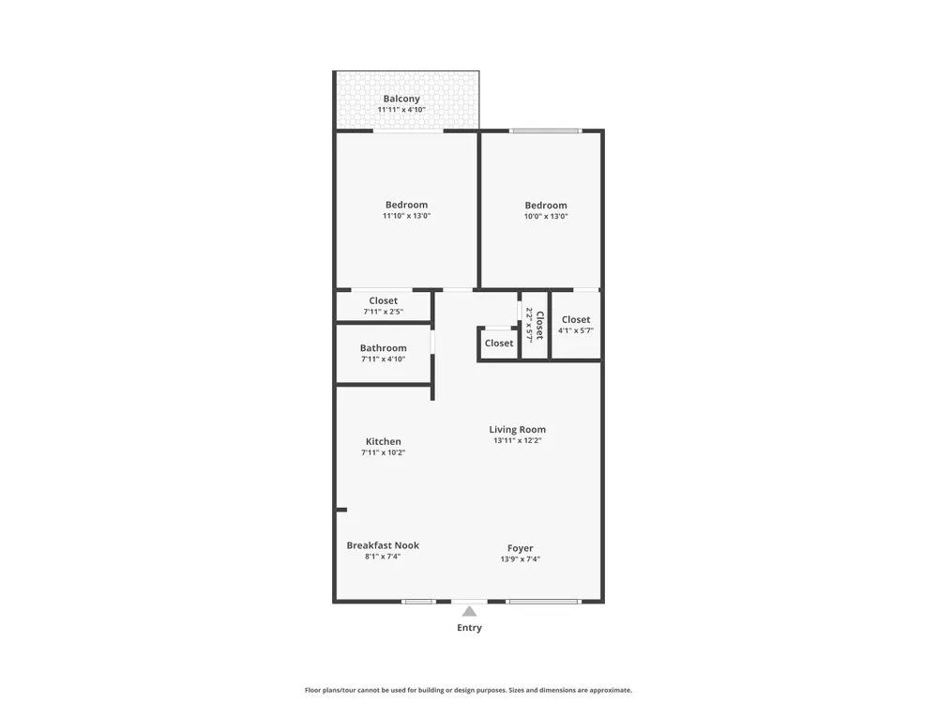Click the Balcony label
pyautogui.click(x=401, y=99)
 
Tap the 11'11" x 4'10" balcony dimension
pyautogui.click(x=401, y=110)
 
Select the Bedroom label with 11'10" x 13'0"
pyautogui.click(x=406, y=205)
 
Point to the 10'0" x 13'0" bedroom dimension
pyautogui.click(x=546, y=216)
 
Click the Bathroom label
pyautogui.click(x=383, y=348)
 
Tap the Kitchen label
pyautogui.click(x=384, y=441)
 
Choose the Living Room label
pyautogui.click(x=518, y=429)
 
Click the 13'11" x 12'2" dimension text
pyautogui.click(x=518, y=440)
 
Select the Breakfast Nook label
pyautogui.click(x=383, y=545)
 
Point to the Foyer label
pyautogui.click(x=521, y=548)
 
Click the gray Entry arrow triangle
pyautogui.click(x=470, y=611)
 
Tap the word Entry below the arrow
pyautogui.click(x=470, y=627)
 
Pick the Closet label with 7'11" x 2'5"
pyautogui.click(x=383, y=300)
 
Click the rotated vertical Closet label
pyautogui.click(x=539, y=325)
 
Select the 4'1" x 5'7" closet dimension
pyautogui.click(x=576, y=330)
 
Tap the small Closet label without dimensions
pyautogui.click(x=499, y=343)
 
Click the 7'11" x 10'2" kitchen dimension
pyautogui.click(x=384, y=452)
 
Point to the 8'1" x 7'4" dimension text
pyautogui.click(x=383, y=556)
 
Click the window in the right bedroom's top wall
pyautogui.click(x=546, y=130)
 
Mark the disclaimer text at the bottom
pyautogui.click(x=468, y=690)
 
